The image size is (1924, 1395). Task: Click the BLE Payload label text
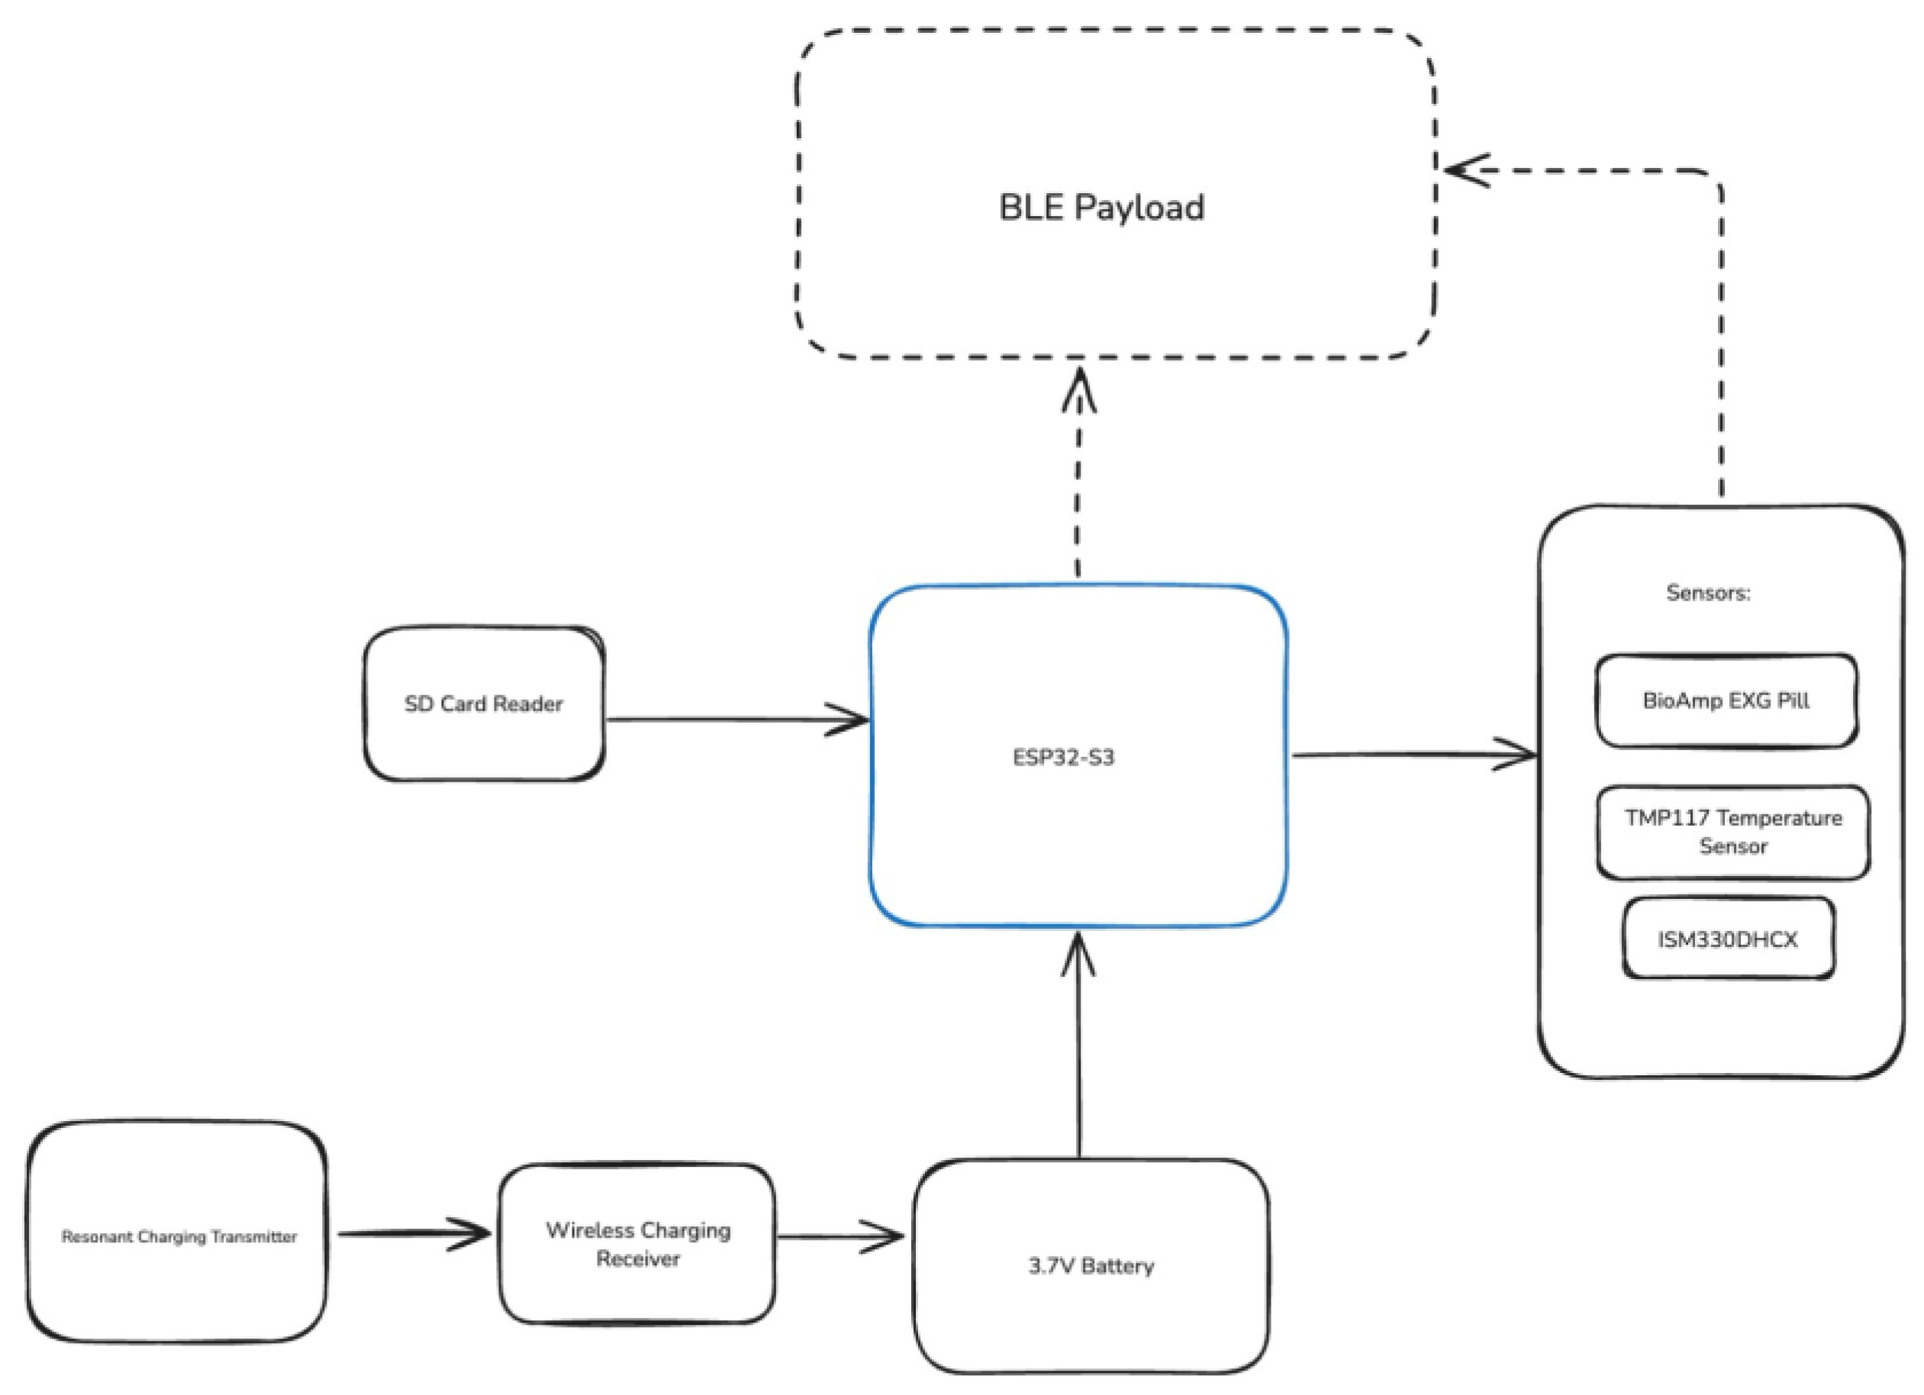pos(1101,208)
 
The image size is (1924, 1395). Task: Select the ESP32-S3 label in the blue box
pos(1063,757)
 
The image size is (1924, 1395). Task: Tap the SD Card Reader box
pos(484,704)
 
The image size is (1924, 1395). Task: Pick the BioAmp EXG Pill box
pos(1726,701)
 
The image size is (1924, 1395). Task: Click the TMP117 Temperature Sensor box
pos(1732,832)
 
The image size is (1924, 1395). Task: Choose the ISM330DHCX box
pos(1728,939)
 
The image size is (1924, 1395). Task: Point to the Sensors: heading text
pos(1708,593)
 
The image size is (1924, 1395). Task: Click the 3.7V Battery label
pos(1091,1266)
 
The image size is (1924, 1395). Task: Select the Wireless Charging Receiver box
pos(637,1244)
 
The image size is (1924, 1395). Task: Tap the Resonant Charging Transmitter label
pos(179,1237)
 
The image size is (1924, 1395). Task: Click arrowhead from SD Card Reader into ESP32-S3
pos(851,720)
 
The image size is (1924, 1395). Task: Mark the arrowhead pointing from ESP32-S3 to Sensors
pos(1519,753)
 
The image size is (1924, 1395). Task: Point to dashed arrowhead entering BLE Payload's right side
pos(1463,169)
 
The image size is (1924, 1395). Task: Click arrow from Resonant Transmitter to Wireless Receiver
pos(416,1234)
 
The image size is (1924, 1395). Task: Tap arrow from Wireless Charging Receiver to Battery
pos(840,1236)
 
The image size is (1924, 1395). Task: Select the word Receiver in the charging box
pos(637,1259)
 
